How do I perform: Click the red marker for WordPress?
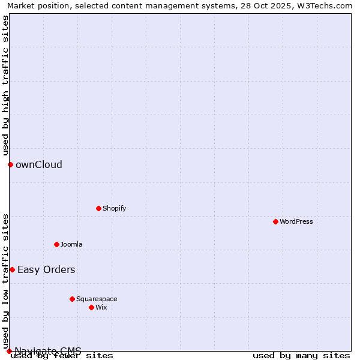[x=275, y=221]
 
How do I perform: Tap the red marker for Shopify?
[x=98, y=208]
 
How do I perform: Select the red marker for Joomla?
[x=56, y=244]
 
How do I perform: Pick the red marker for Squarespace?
[x=72, y=299]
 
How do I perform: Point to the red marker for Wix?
[x=91, y=307]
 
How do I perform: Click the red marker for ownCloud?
[x=10, y=164]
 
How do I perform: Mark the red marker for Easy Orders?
[x=12, y=269]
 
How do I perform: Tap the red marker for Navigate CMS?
[x=9, y=351]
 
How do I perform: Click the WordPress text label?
[x=296, y=221]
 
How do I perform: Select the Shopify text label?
[x=114, y=208]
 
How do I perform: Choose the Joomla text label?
[x=71, y=244]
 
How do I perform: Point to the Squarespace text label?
[x=97, y=299]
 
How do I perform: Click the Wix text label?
[x=101, y=307]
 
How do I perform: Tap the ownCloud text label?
[x=39, y=165]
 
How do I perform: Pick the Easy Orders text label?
[x=46, y=270]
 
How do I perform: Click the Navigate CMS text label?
[x=48, y=350]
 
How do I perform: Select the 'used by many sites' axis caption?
[x=301, y=356]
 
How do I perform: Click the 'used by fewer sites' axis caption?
[x=62, y=356]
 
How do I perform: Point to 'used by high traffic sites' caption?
[x=5, y=84]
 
